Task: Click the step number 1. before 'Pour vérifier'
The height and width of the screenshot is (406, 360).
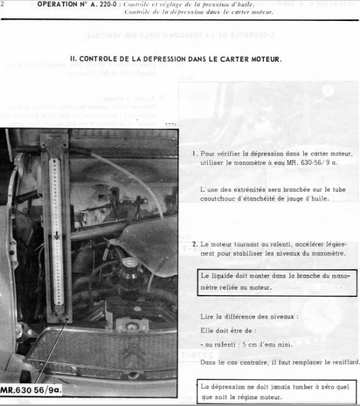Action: [x=194, y=154]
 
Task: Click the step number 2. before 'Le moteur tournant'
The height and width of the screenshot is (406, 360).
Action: [x=194, y=243]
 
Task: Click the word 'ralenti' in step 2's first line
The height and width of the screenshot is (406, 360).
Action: [x=274, y=243]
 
